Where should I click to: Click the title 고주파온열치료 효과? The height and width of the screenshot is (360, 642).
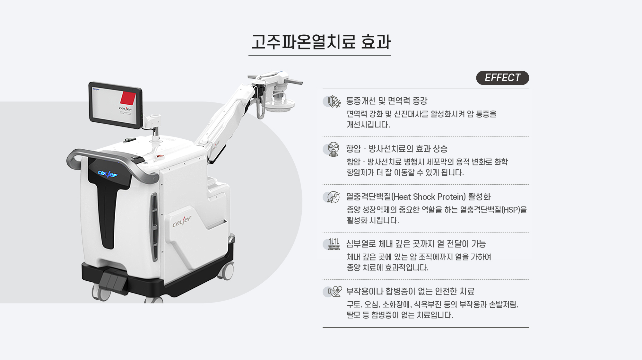321,42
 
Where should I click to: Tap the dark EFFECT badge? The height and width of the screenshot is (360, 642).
502,78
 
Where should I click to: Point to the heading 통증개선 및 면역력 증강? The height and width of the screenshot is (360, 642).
387,101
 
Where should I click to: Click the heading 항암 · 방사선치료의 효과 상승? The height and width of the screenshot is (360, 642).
397,149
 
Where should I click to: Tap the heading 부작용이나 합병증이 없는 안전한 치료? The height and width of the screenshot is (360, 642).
410,291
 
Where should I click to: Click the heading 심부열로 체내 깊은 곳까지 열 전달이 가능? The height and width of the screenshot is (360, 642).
416,244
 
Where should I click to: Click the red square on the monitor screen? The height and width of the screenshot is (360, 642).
128,98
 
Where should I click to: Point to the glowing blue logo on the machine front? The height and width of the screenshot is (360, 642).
108,174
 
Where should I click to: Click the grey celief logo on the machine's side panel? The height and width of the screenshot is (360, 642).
182,221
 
